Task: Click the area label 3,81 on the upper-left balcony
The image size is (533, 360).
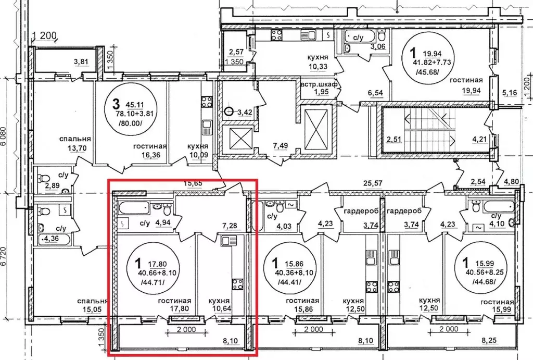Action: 81,62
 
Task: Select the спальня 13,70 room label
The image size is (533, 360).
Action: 75,143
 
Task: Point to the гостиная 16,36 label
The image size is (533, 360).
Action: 149,151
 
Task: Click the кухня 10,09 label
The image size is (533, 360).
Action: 197,151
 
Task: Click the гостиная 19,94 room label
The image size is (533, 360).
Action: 466,85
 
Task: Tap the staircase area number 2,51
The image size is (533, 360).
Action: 395,139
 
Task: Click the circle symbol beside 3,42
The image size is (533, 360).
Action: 230,111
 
